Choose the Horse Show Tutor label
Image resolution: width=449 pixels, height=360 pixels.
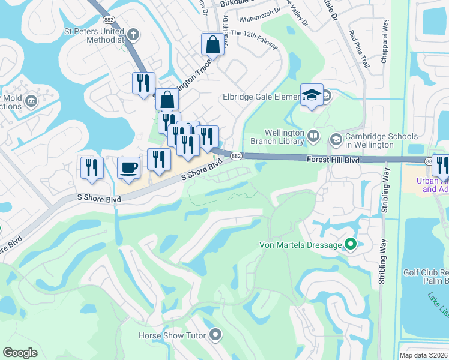click(172, 335)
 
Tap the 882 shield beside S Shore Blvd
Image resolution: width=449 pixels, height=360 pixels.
click(237, 156)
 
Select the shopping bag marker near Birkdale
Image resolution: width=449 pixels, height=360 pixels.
click(212, 44)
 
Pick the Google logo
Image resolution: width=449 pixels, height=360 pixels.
click(20, 353)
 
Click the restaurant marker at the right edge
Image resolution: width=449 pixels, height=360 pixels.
click(442, 164)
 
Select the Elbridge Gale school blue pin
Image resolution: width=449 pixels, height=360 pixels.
click(312, 95)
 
